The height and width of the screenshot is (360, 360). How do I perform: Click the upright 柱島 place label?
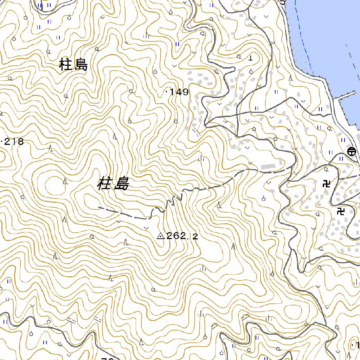pyautogui.click(x=73, y=65)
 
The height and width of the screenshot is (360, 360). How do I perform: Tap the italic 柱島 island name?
pyautogui.click(x=113, y=184)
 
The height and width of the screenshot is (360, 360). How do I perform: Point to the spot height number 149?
pyautogui.click(x=179, y=92)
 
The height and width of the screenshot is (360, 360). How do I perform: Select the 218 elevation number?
pyautogui.click(x=14, y=142)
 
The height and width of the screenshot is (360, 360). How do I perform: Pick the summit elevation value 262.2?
pyautogui.click(x=182, y=236)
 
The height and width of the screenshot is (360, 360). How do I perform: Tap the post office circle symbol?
pyautogui.click(x=351, y=152)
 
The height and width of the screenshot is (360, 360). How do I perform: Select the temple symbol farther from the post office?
pyautogui.click(x=340, y=211)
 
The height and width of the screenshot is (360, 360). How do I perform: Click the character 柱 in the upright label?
pyautogui.click(x=66, y=65)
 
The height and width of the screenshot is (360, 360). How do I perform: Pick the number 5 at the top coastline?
pyautogui.click(x=283, y=2)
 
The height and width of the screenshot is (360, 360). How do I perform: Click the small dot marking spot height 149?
pyautogui.click(x=166, y=92)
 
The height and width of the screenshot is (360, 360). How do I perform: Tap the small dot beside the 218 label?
pyautogui.click(x=2, y=142)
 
